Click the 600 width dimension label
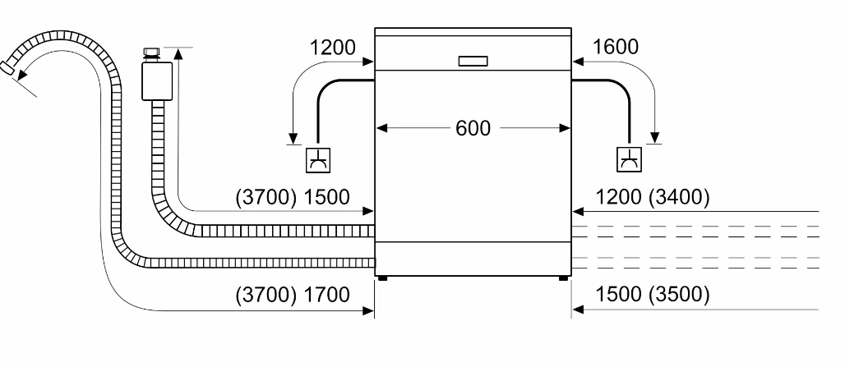click(473, 128)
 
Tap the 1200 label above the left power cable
click(333, 48)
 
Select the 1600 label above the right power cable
click(616, 48)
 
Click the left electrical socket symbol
click(318, 160)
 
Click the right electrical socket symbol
click(629, 159)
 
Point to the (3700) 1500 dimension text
click(293, 197)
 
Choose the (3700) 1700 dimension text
click(293, 295)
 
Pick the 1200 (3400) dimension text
click(652, 198)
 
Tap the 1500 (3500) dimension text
click(652, 295)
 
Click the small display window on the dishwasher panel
click(473, 61)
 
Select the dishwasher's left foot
click(382, 278)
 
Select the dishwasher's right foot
click(563, 278)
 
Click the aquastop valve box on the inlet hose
click(157, 81)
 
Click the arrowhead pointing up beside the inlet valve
click(178, 53)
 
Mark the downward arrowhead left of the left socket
click(293, 139)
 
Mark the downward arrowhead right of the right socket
click(655, 138)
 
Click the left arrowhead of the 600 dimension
click(382, 128)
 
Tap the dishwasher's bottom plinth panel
click(473, 259)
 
